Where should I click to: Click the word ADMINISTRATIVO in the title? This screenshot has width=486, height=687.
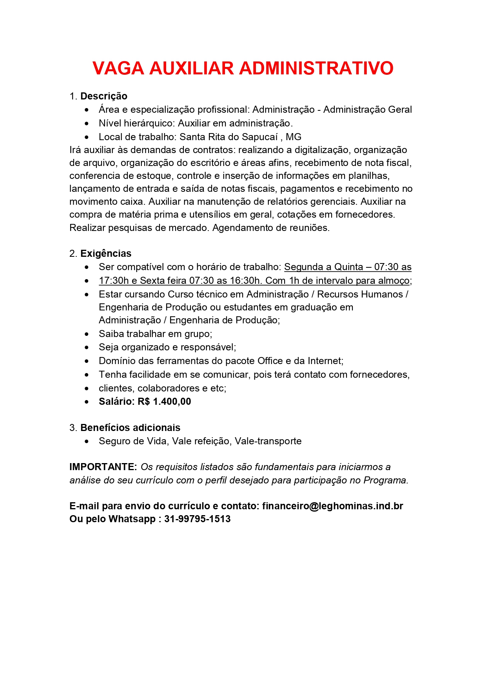click(316, 69)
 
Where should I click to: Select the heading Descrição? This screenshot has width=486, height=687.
click(104, 96)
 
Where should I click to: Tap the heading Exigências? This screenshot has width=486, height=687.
click(106, 254)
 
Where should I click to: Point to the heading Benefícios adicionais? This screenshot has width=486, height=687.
click(130, 428)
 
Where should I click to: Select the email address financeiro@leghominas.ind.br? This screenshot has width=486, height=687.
click(332, 506)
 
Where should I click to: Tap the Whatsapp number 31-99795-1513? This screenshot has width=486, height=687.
click(197, 519)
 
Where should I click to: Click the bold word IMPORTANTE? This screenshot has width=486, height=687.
click(103, 467)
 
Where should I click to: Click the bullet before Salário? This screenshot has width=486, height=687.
click(87, 402)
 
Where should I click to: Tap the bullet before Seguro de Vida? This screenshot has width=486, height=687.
click(87, 442)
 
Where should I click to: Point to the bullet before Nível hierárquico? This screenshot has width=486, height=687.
click(87, 124)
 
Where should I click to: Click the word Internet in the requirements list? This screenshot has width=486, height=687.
click(325, 361)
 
